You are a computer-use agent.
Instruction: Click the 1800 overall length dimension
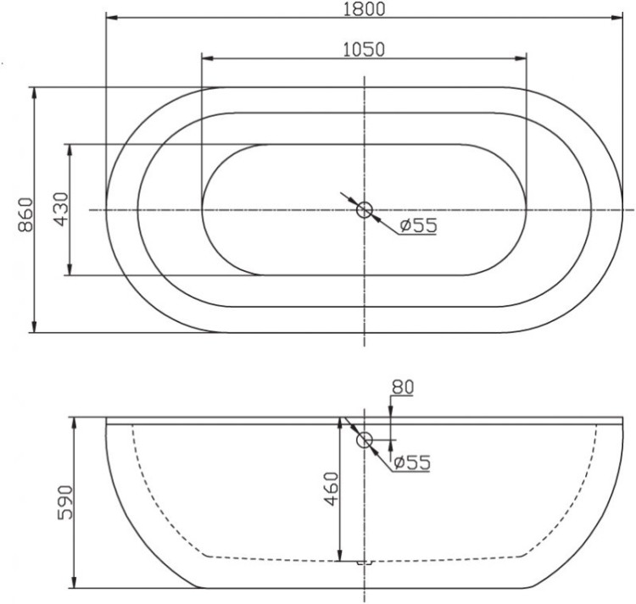tap(365, 9)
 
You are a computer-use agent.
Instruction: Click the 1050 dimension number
tap(364, 49)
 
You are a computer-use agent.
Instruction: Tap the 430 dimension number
tap(60, 209)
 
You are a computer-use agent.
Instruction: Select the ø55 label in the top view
tap(416, 225)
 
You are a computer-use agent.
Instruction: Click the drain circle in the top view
tap(365, 209)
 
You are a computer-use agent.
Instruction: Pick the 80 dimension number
tap(401, 387)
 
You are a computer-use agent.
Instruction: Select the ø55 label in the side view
tap(410, 463)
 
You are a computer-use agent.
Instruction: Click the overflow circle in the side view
tap(365, 441)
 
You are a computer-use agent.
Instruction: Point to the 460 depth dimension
tap(330, 488)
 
